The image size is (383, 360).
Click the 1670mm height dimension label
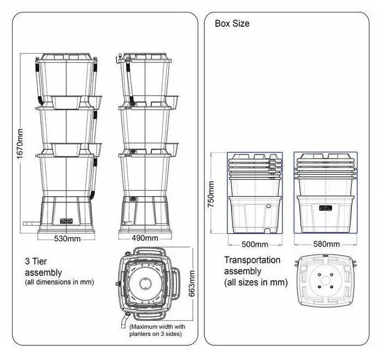point(21,144)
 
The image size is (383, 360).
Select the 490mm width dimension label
point(145,238)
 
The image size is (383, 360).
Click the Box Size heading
point(232,23)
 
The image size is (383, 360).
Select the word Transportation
point(252,261)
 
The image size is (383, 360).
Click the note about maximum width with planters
point(155,330)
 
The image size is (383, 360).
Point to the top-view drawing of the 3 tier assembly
point(147,284)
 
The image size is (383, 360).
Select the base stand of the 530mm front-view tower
point(66,216)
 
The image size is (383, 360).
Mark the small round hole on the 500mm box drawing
point(268,206)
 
